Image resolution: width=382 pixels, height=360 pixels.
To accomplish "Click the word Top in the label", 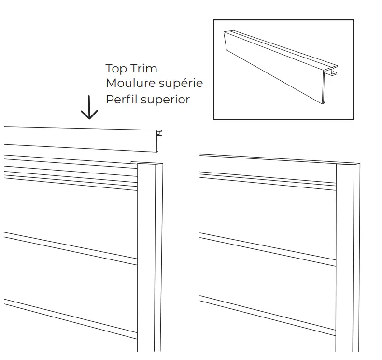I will (x=116, y=69).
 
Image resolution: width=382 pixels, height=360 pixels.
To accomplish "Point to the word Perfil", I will (x=120, y=100).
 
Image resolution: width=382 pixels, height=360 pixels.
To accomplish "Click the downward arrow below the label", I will (x=89, y=109).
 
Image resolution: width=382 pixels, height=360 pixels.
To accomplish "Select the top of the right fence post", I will (x=348, y=165).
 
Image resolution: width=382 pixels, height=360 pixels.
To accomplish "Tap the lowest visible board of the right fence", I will (x=268, y=333).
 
